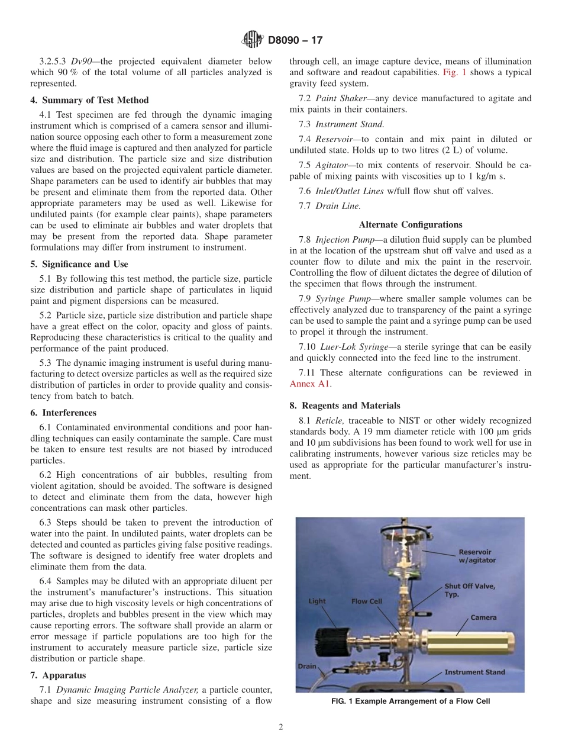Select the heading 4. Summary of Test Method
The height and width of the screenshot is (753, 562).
tap(89, 100)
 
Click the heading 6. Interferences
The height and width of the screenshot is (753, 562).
tap(63, 413)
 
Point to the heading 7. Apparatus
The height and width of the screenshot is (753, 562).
tap(58, 675)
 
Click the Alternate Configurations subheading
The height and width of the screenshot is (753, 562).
tap(411, 224)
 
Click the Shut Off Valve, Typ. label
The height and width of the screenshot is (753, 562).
tap(470, 590)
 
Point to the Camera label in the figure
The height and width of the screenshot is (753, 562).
tap(483, 617)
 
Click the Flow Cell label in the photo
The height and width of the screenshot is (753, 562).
tap(367, 601)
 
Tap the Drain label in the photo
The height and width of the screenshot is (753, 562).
tap(306, 666)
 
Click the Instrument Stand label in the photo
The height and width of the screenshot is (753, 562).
tap(474, 672)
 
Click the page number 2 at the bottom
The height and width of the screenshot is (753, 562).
tap(281, 728)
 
